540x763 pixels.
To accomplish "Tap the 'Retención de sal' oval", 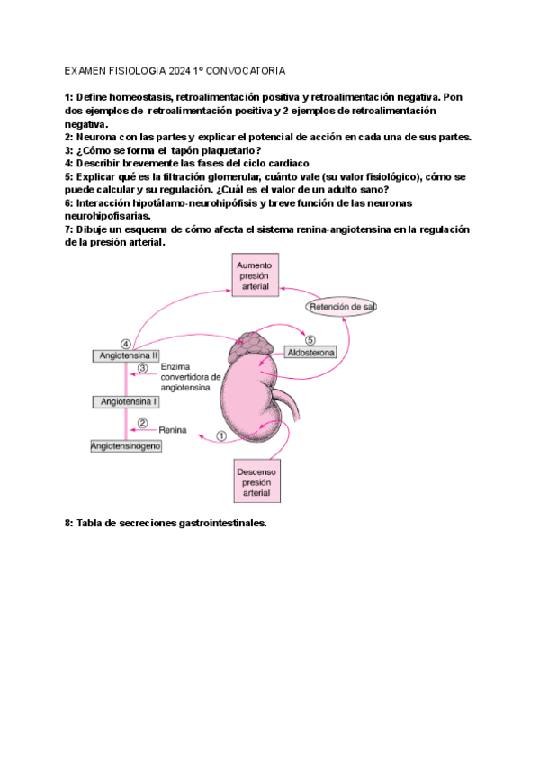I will click(x=341, y=307).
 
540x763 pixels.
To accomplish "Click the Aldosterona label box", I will click(x=310, y=354).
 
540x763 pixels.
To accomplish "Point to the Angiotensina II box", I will click(x=127, y=356).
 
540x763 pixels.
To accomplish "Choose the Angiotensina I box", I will click(x=127, y=401).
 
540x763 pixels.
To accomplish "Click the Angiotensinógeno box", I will click(x=126, y=446).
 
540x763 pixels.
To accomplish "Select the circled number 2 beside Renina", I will click(x=141, y=424).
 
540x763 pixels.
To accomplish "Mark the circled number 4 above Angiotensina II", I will click(x=126, y=343).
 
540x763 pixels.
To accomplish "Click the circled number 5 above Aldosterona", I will click(x=310, y=340).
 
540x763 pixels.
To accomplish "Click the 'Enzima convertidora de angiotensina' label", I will click(x=191, y=377).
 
